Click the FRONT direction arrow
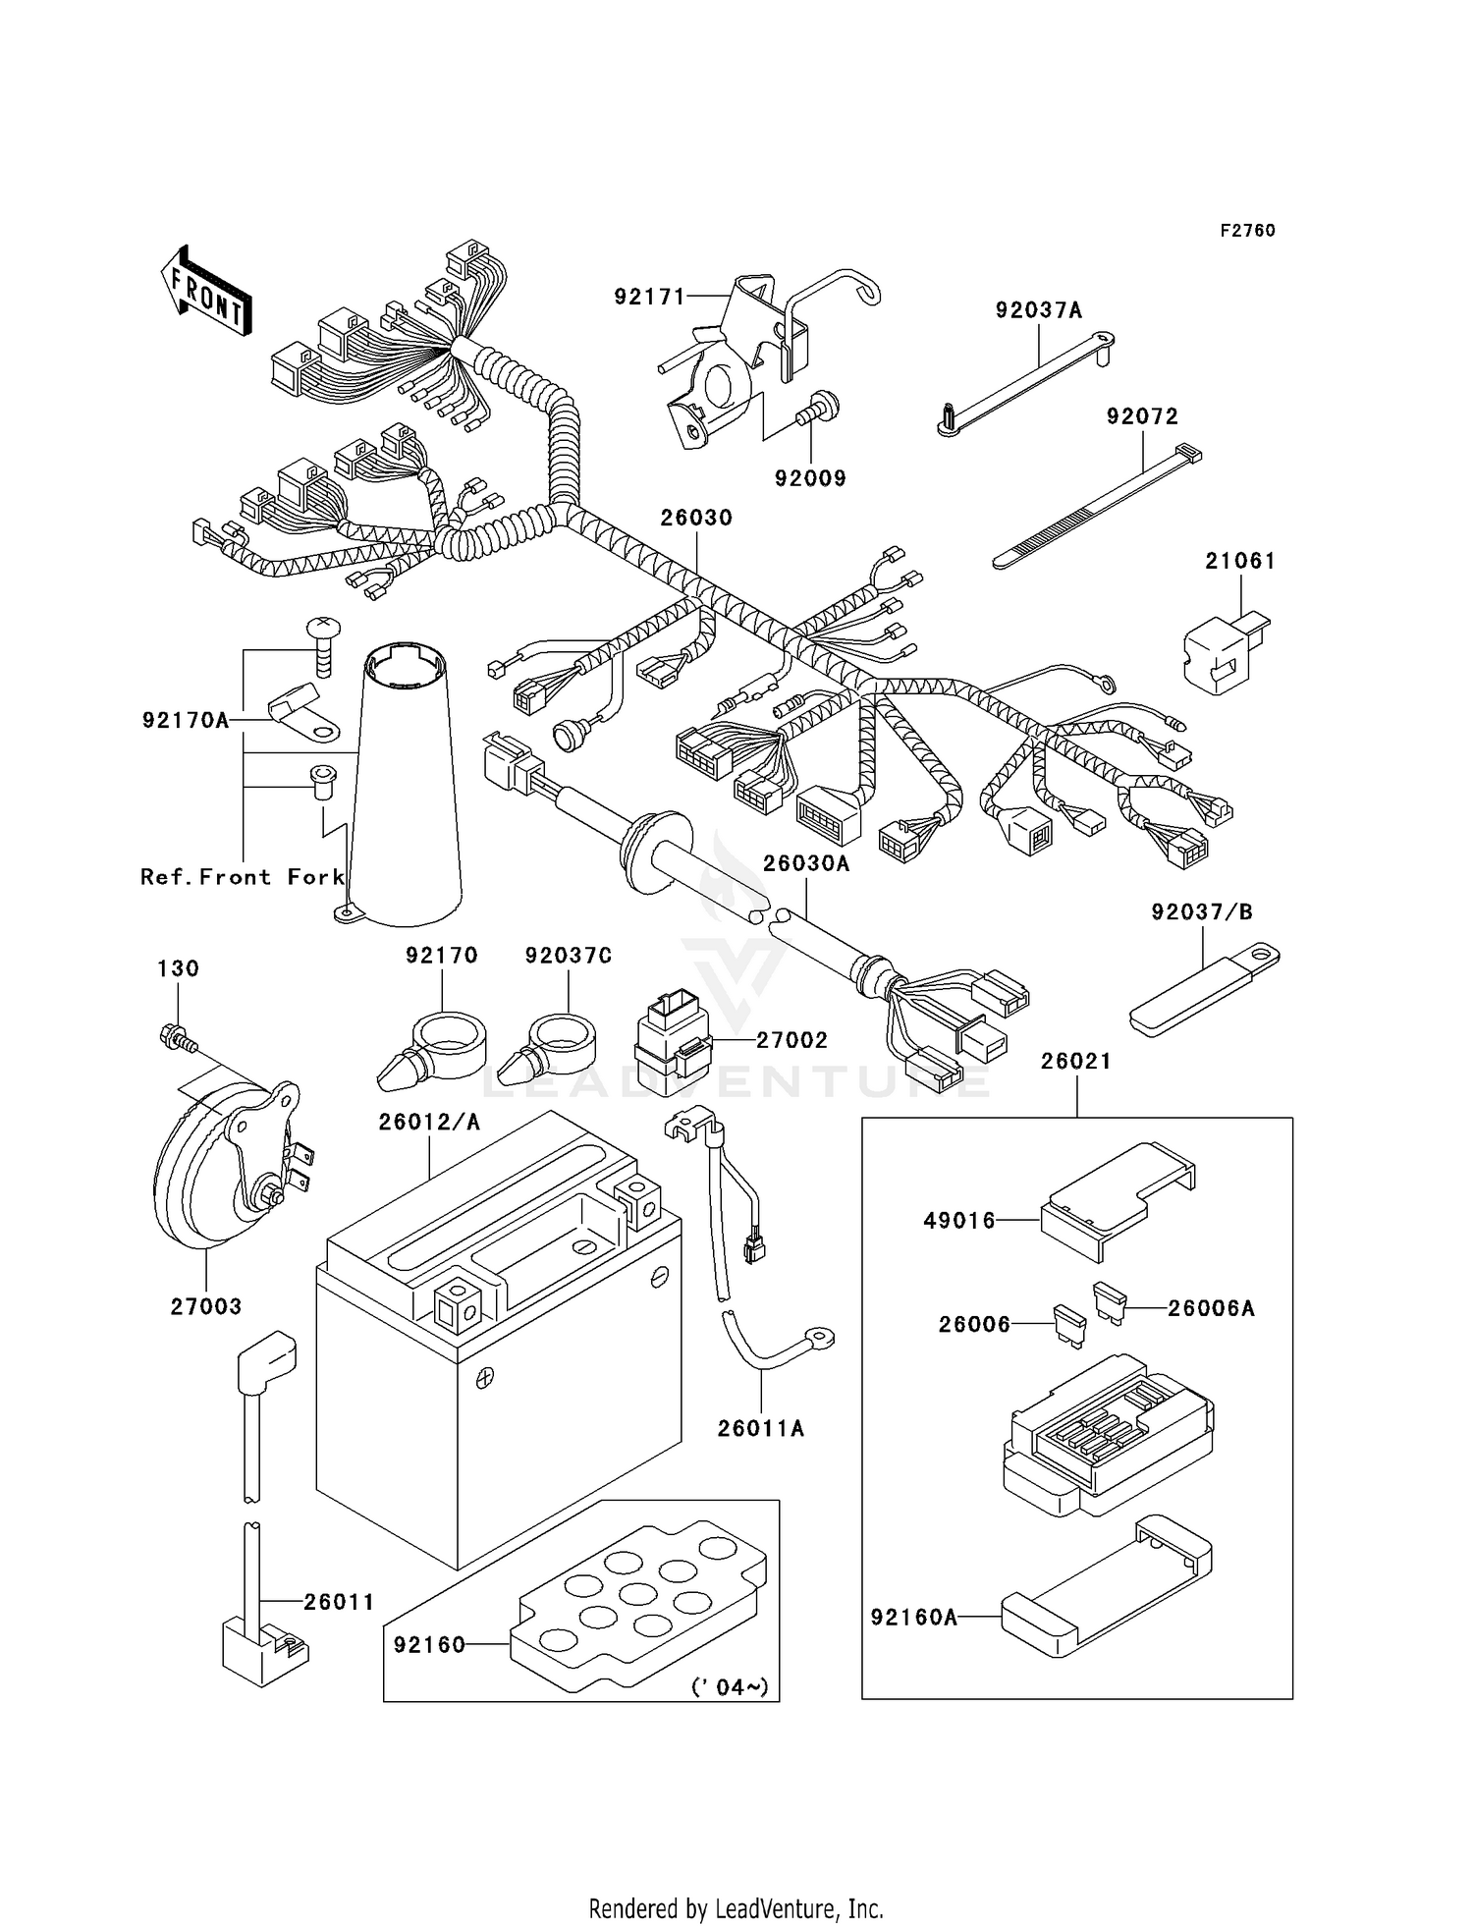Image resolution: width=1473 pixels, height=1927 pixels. (x=206, y=292)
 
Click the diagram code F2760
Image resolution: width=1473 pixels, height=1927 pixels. (x=1247, y=231)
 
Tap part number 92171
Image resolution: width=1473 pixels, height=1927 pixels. (x=649, y=296)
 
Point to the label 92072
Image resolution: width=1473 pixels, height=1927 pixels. (x=1142, y=416)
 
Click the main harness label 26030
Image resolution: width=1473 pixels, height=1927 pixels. (x=696, y=518)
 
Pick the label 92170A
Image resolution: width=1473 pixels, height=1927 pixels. (x=186, y=721)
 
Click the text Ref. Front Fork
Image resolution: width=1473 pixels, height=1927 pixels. (x=243, y=877)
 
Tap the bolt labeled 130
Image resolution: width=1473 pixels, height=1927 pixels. (x=175, y=1037)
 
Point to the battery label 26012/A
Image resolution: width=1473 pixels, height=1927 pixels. (x=429, y=1122)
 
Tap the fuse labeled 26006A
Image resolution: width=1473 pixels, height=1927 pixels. (x=1108, y=1302)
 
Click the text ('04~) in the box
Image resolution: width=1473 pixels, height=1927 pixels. (x=730, y=1687)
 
